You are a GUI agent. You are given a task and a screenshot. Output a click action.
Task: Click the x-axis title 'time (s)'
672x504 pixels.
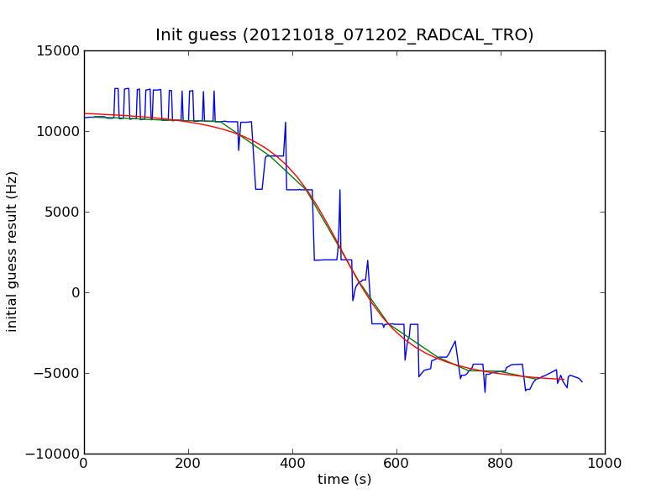point(344,480)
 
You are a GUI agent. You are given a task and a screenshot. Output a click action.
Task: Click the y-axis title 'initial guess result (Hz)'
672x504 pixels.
point(13,252)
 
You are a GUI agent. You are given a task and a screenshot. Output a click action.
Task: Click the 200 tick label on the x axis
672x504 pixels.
point(188,463)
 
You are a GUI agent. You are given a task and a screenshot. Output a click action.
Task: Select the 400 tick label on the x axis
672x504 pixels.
point(292,463)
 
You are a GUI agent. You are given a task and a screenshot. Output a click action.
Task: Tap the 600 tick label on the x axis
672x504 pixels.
point(396,463)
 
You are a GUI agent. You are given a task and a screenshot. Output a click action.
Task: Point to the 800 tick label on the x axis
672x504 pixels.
point(501,463)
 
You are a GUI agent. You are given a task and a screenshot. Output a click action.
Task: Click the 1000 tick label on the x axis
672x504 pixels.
point(605,463)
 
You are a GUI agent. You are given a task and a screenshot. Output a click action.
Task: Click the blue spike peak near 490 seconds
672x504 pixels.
point(340,190)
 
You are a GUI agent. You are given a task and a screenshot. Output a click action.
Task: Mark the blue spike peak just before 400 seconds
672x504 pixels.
point(286,123)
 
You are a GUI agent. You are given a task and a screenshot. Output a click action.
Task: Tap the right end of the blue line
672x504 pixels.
point(582,381)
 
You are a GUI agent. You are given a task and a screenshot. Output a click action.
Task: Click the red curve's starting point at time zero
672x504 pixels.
point(84,113)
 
